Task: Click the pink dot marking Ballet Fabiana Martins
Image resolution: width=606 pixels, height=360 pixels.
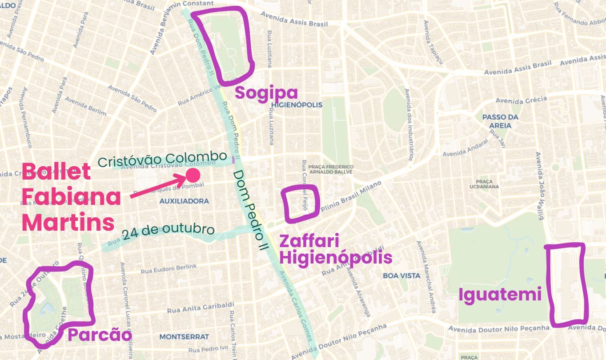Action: point(193,175)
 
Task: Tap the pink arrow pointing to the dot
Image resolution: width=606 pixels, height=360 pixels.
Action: point(158,187)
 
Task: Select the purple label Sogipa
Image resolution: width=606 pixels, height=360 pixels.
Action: point(266,93)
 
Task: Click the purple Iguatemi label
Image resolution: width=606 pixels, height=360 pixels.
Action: point(500,295)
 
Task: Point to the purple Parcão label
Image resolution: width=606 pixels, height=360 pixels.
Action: point(100,335)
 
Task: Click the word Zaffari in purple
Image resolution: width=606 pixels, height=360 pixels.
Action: point(309,241)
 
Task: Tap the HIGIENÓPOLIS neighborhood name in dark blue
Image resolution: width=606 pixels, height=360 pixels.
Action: point(296,105)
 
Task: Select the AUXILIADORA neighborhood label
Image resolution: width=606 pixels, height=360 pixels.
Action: point(184,201)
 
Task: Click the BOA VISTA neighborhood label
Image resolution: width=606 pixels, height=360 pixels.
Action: point(401,276)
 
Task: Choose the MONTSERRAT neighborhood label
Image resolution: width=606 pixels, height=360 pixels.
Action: point(184,337)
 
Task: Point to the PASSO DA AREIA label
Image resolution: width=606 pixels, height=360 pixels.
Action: point(500,121)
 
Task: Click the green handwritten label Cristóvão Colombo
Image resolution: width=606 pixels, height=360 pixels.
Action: point(162,159)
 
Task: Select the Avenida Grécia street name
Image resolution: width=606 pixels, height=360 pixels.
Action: point(521,100)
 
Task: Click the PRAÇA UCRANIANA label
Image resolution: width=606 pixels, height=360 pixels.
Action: point(484,184)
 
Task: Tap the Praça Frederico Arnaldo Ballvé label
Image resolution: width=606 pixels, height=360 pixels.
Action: point(330,169)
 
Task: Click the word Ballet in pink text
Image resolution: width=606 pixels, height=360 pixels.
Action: point(56,171)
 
